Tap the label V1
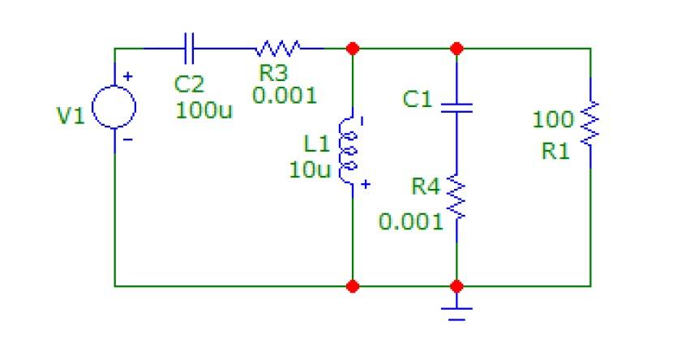coord(70,117)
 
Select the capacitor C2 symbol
coord(189,48)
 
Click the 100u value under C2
coord(204,110)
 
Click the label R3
coord(273,74)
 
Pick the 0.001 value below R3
coord(284,95)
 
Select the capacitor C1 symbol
coord(457,105)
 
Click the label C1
coord(418,100)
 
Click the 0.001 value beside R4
coord(411,221)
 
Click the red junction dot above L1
coord(352,49)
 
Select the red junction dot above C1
coord(457,49)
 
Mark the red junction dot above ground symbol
coord(457,286)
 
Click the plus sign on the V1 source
coord(126,77)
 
